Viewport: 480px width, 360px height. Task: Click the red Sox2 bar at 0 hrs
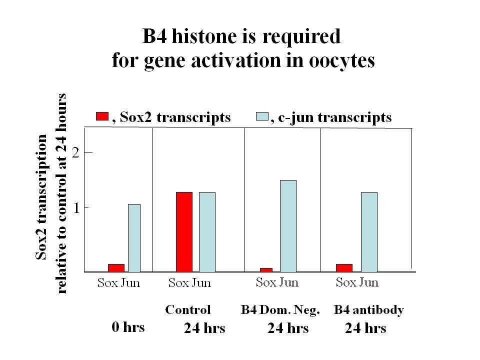point(116,268)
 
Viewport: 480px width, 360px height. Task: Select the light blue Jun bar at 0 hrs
point(134,238)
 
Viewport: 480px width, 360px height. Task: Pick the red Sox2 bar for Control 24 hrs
point(184,232)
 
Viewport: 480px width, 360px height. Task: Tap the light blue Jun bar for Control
point(207,232)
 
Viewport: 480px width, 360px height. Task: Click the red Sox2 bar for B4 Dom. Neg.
point(266,270)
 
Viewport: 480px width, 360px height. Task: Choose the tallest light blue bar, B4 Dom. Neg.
point(288,226)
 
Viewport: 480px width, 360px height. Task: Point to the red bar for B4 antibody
point(344,268)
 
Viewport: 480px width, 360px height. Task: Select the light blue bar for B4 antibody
point(369,232)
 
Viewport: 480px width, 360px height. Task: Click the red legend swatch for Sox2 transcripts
point(102,116)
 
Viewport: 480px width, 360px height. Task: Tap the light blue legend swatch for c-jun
point(262,116)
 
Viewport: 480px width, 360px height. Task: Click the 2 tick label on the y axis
point(75,152)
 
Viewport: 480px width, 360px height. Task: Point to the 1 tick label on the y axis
point(76,208)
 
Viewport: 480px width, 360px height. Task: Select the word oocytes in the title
point(341,61)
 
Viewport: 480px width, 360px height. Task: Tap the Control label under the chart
point(188,309)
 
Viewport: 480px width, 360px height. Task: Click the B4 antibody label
point(369,310)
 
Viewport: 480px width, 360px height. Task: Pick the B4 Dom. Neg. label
point(280,310)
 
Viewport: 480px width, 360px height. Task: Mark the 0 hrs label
point(128,327)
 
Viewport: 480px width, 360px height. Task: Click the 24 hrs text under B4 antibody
point(365,328)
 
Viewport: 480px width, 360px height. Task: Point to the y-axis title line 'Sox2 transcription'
point(41,197)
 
